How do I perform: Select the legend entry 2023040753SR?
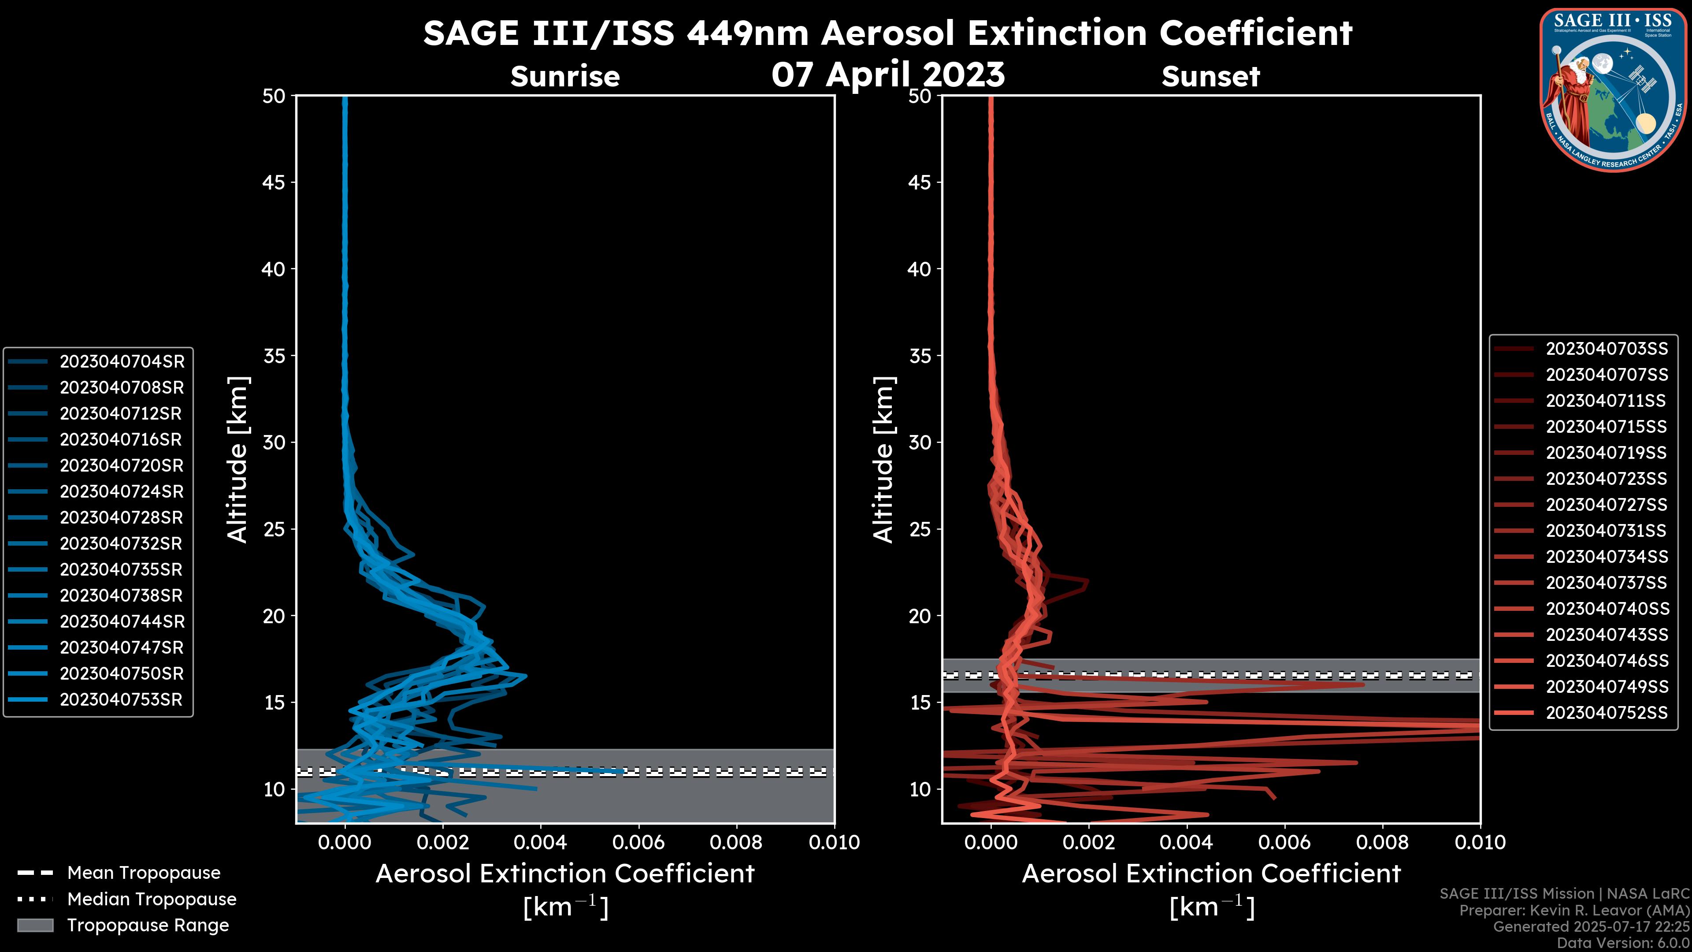coord(121,700)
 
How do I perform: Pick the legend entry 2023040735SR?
coord(121,569)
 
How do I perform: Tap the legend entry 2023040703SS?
coord(1607,349)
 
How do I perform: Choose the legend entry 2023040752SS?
coord(1607,713)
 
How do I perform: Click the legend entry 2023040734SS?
coord(1607,557)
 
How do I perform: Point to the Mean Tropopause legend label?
coord(144,873)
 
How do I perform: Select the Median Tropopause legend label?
coord(152,900)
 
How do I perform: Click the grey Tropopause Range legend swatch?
coord(35,926)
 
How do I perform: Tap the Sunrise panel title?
coord(565,77)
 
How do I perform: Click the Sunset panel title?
coord(1210,77)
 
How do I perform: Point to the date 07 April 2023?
coord(888,74)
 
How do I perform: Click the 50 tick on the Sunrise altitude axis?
coord(274,96)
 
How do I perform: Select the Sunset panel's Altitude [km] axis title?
coord(883,460)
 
